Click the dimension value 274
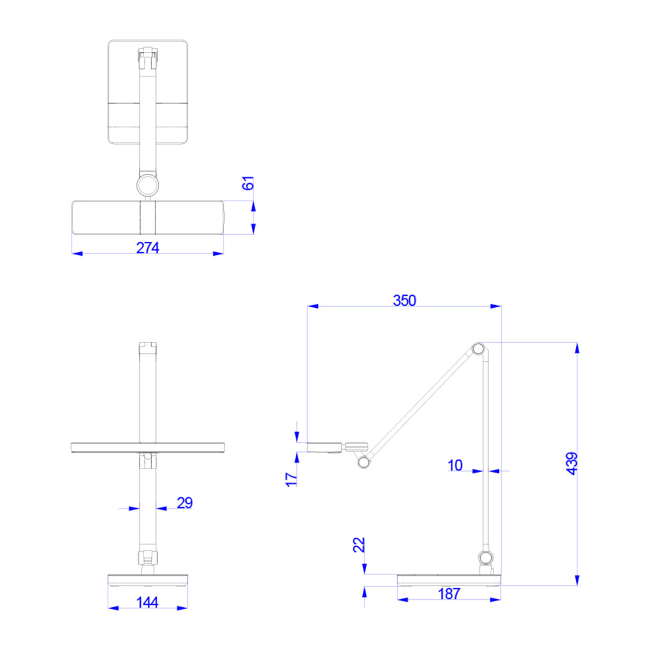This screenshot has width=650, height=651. pos(147,248)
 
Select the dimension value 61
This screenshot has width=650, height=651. pos(248,183)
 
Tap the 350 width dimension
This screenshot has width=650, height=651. pos(404,300)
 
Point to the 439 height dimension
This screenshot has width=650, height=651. pos(572,463)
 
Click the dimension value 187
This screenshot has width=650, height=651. pos(448,594)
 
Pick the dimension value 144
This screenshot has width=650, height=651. pos(147,602)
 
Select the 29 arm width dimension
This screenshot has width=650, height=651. pos(184,503)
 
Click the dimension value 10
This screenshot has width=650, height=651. pos(455,465)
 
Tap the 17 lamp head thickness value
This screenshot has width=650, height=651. pos(291,479)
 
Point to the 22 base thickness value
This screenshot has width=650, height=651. pos(359,544)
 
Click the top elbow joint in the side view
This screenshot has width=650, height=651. pos(478,349)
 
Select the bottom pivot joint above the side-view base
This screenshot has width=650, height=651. pos(486,557)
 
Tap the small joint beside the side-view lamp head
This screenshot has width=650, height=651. pos(362,462)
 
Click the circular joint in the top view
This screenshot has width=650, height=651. pos(147,185)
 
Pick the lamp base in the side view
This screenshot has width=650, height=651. pos(448,579)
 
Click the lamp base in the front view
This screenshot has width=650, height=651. pos(147,580)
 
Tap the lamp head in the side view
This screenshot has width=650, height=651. pos(324,447)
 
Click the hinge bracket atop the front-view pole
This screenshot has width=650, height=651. pos(147,347)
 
